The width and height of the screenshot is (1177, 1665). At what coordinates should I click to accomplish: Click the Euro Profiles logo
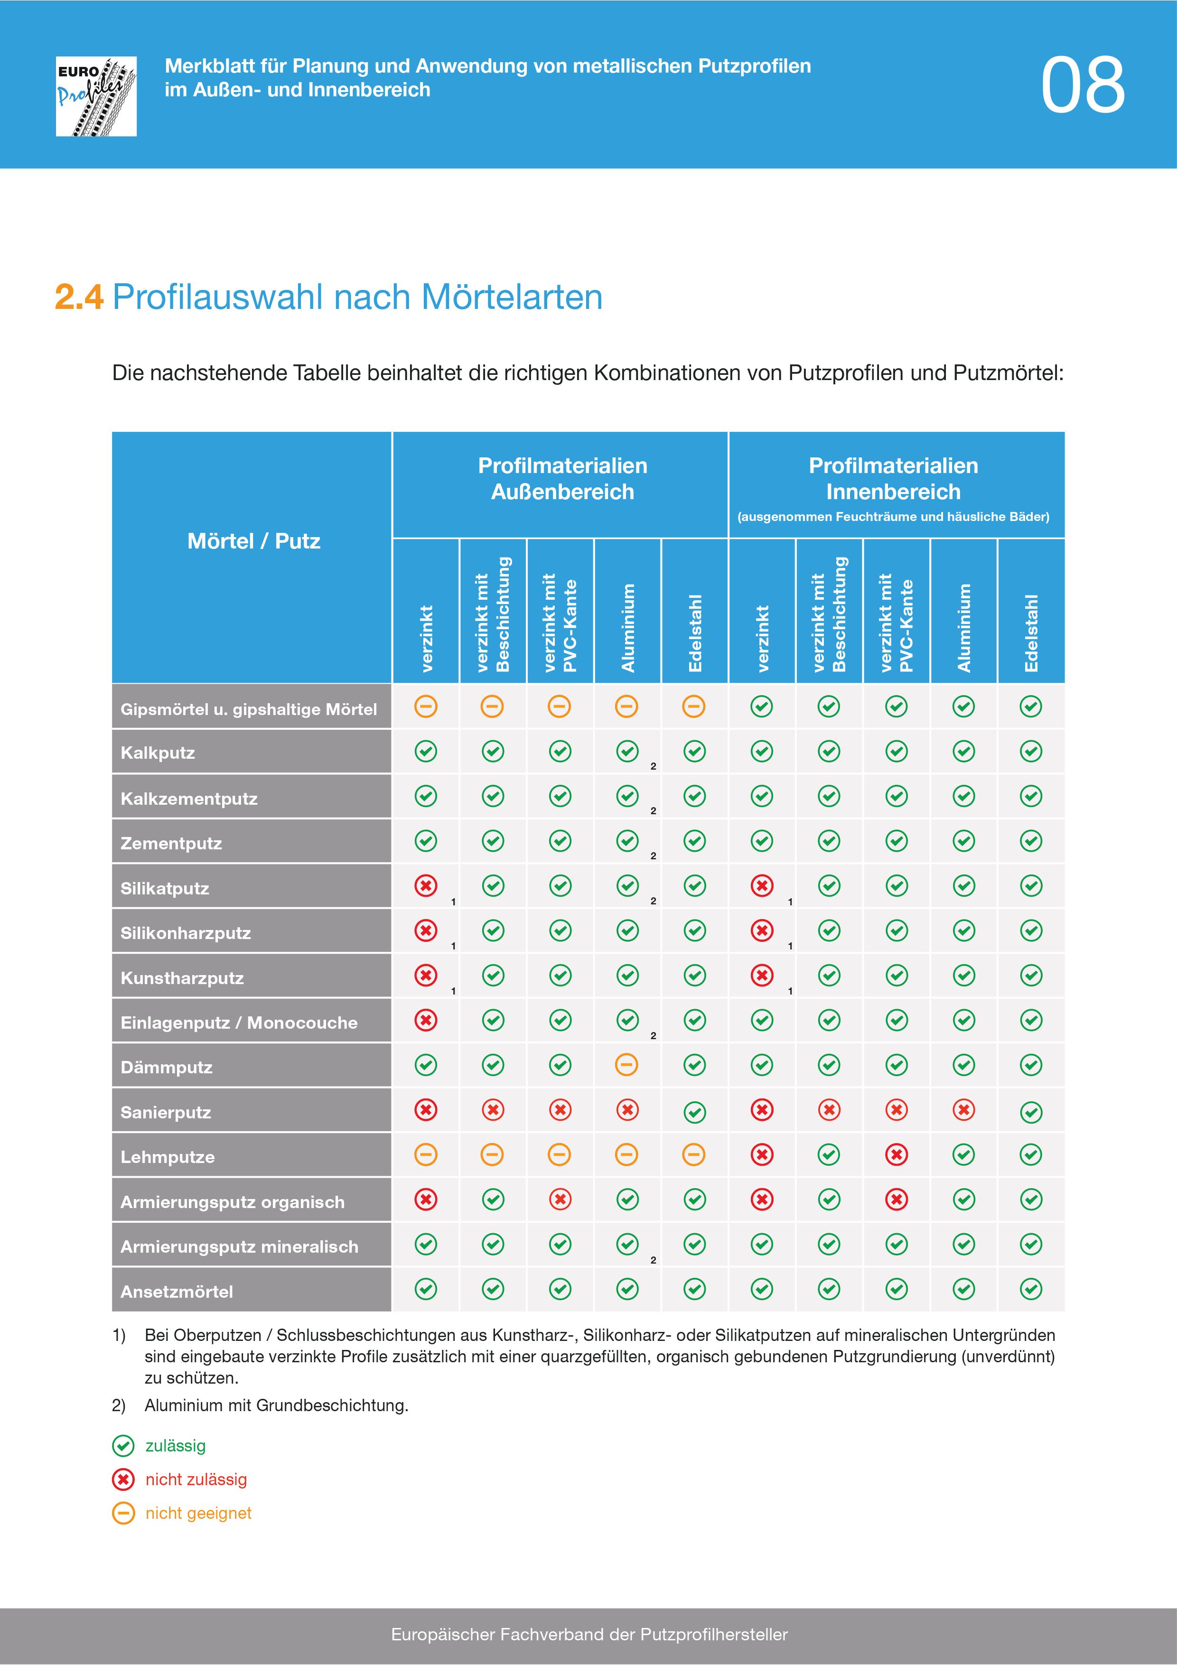coord(96,96)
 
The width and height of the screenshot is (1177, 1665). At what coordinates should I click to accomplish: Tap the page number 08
coord(1082,85)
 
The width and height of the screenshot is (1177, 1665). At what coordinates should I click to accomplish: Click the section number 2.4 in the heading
coord(79,298)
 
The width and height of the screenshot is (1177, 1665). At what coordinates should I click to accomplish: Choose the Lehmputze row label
coord(168,1157)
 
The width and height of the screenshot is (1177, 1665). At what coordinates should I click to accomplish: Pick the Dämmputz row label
coord(166,1068)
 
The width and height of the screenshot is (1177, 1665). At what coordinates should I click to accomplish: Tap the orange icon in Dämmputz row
coord(626,1065)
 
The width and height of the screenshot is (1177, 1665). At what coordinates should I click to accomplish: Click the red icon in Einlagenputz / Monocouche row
coord(426,1020)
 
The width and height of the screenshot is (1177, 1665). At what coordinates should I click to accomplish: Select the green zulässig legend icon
coord(123,1446)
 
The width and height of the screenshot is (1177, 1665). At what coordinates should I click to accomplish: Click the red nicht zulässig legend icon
coord(123,1479)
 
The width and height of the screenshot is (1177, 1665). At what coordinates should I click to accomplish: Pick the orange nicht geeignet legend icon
coord(123,1514)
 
